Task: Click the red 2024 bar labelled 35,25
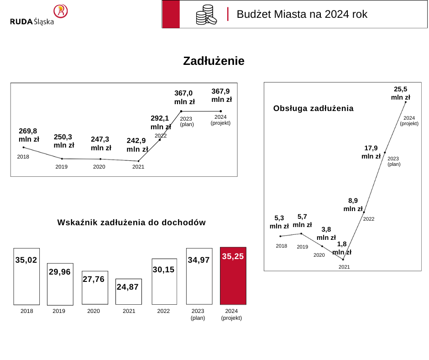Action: [233, 276]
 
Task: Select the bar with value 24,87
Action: [129, 291]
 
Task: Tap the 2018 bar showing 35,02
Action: [26, 276]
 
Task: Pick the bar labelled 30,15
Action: [164, 281]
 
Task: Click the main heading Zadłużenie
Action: [214, 61]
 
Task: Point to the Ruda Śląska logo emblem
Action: [60, 11]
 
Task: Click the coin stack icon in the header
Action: [206, 15]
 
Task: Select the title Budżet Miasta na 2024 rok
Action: [302, 14]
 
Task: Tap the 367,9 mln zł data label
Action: [221, 95]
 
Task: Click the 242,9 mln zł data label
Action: [137, 145]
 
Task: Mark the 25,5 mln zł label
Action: [400, 93]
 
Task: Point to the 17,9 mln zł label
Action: [371, 152]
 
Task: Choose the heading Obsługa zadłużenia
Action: [313, 108]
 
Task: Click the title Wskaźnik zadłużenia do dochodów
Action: [131, 222]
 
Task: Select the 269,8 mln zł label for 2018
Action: [29, 135]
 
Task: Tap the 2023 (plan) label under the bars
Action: [198, 314]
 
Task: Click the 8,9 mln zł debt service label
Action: [353, 204]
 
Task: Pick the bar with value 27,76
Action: [95, 287]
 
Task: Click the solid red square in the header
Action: [171, 14]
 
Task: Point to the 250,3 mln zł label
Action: [64, 141]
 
